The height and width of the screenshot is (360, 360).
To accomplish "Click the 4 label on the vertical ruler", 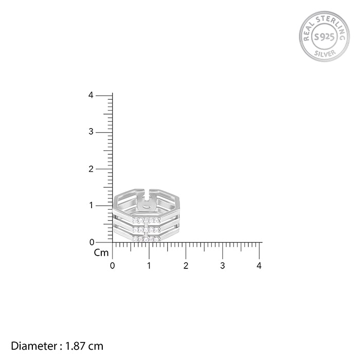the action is pyautogui.click(x=91, y=95).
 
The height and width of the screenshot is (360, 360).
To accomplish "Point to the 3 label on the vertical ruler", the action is pyautogui.click(x=91, y=132).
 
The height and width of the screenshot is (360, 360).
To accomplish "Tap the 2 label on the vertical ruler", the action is pyautogui.click(x=91, y=169).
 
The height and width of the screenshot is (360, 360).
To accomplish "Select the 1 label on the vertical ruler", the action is pyautogui.click(x=92, y=206).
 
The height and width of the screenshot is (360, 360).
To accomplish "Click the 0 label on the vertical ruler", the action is pyautogui.click(x=92, y=242).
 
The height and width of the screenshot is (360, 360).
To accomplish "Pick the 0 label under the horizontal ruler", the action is pyautogui.click(x=112, y=266).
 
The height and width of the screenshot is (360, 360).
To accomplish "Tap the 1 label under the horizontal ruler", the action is pyautogui.click(x=149, y=266).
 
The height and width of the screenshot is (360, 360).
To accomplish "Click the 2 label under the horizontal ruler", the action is pyautogui.click(x=186, y=266).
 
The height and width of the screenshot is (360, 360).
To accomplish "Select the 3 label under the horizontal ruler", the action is pyautogui.click(x=223, y=266).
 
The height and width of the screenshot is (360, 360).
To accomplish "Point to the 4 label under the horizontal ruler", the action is pyautogui.click(x=259, y=266).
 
